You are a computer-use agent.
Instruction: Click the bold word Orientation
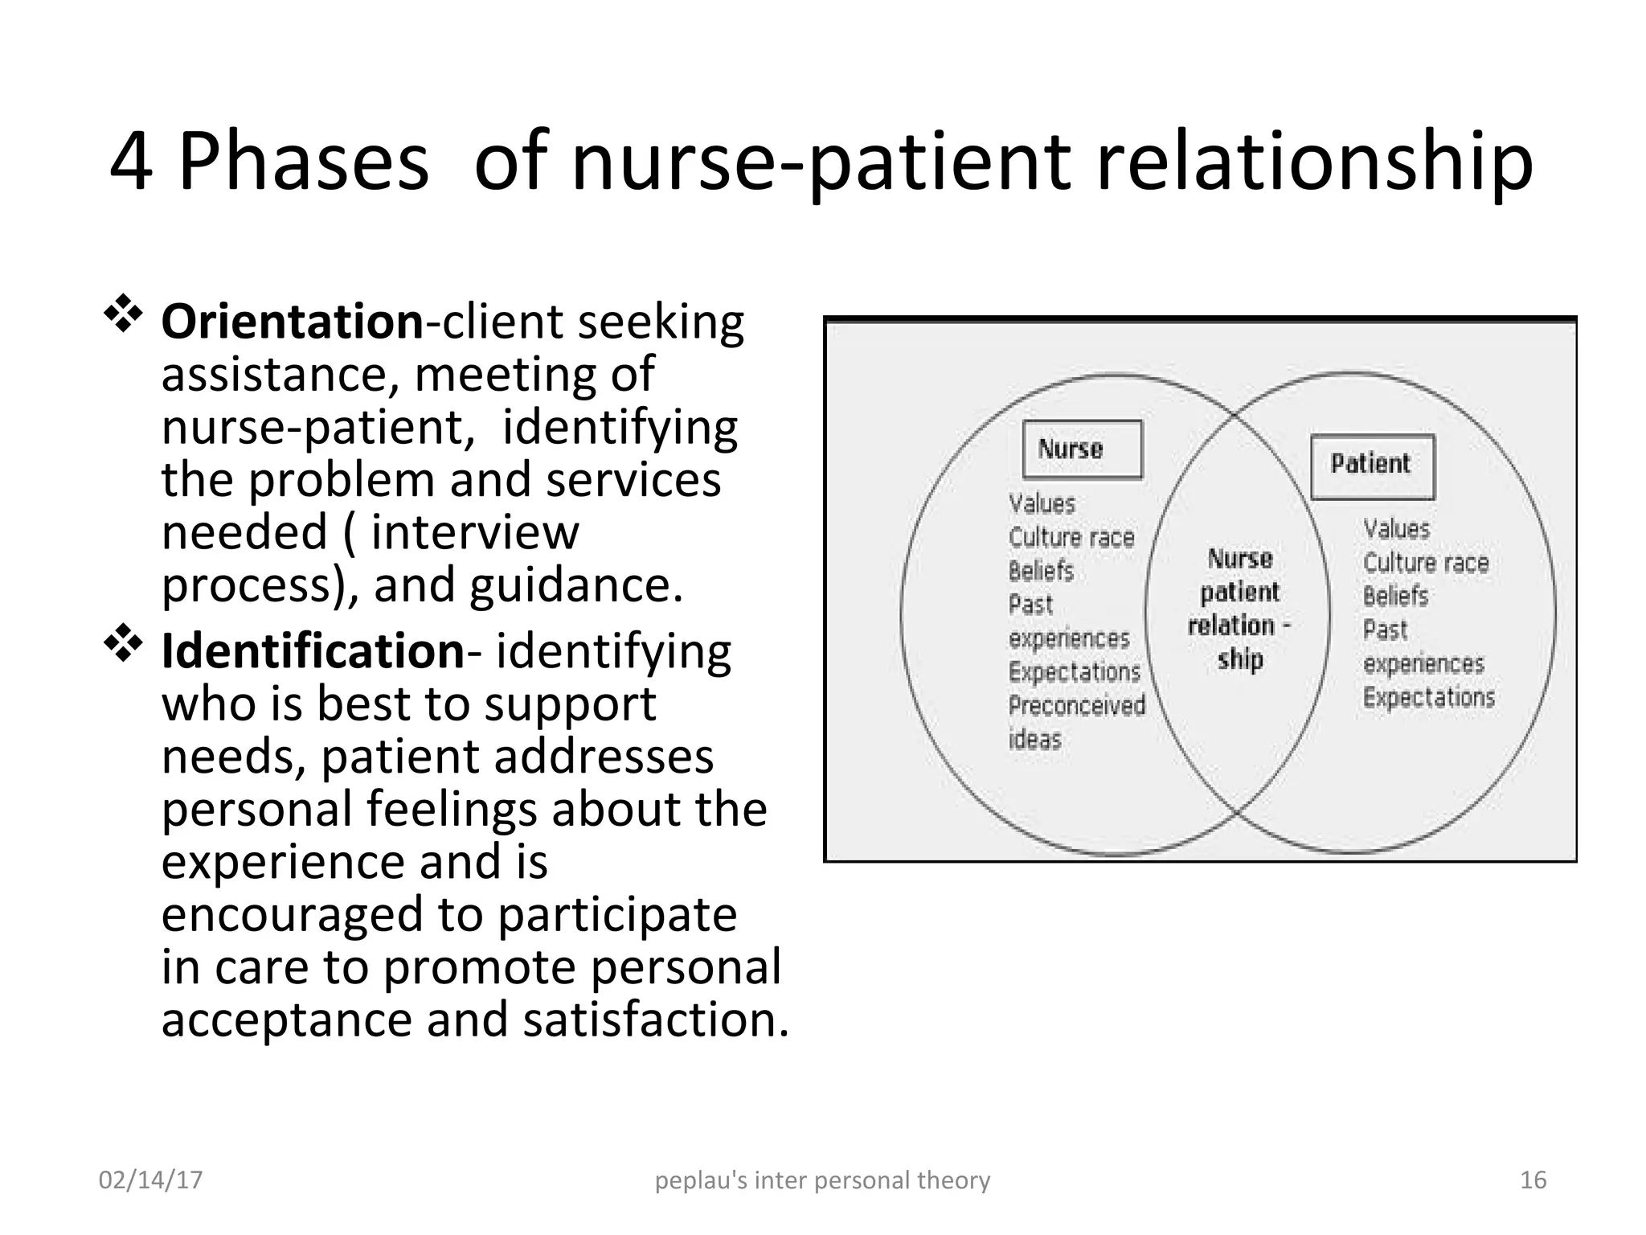[x=292, y=322]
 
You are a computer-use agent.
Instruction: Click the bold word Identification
[x=313, y=650]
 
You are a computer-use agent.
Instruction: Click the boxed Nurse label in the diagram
[x=1082, y=449]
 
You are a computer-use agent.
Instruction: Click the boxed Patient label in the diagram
[x=1372, y=465]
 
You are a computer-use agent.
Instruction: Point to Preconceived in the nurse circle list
[x=1076, y=706]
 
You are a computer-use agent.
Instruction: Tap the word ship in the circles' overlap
[x=1240, y=659]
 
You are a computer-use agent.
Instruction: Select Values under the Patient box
[x=1397, y=529]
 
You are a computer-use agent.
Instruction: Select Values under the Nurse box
[x=1042, y=504]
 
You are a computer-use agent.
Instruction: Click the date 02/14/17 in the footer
[x=150, y=1180]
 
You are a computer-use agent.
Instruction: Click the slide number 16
[x=1533, y=1180]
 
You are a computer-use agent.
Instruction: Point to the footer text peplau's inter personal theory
[x=822, y=1180]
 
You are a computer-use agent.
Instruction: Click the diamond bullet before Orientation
[x=123, y=314]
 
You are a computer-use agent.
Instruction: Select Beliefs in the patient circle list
[x=1395, y=596]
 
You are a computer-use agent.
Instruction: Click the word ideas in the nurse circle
[x=1035, y=740]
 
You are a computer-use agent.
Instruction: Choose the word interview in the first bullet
[x=474, y=532]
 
